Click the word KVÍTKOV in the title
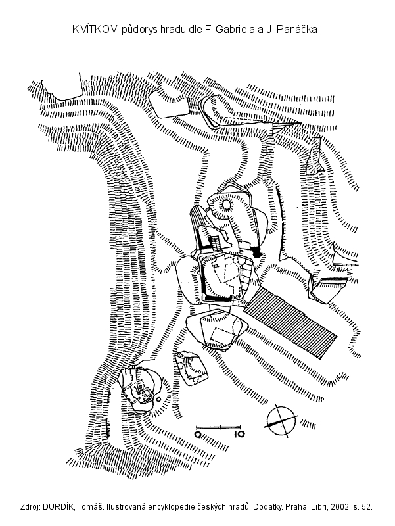coord(95,30)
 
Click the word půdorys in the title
coord(142,30)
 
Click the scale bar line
coord(219,427)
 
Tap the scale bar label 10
coord(239,435)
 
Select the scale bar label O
coord(198,435)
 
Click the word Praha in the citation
coord(281,507)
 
